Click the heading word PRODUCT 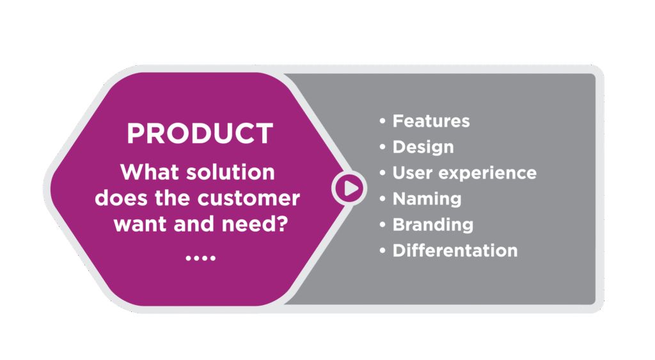pyautogui.click(x=200, y=134)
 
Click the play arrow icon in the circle pyautogui.click(x=350, y=188)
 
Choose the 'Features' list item pyautogui.click(x=431, y=121)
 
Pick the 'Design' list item pyautogui.click(x=423, y=148)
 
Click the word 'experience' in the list pyautogui.click(x=487, y=173)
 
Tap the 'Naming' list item pyautogui.click(x=427, y=200)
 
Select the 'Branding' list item pyautogui.click(x=433, y=225)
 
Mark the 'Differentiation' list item pyautogui.click(x=455, y=251)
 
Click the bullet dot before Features pyautogui.click(x=383, y=121)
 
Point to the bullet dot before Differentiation pyautogui.click(x=383, y=251)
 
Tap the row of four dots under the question pyautogui.click(x=200, y=258)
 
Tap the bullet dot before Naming pyautogui.click(x=383, y=199)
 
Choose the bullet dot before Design pyautogui.click(x=383, y=147)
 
